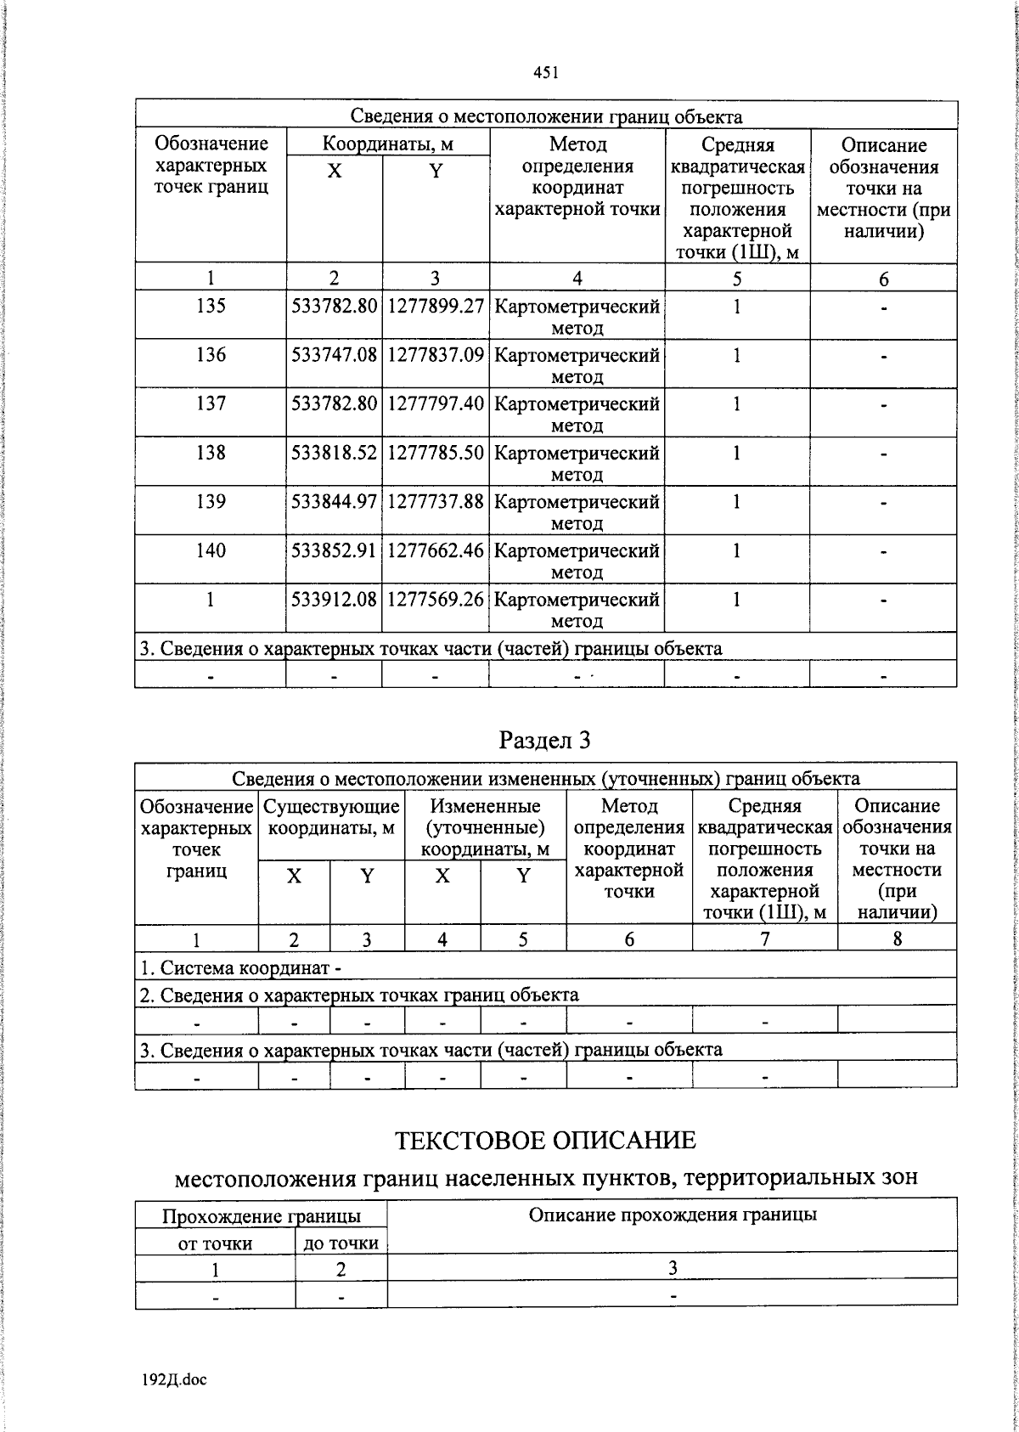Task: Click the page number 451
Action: click(x=545, y=73)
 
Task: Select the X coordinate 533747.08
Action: click(x=334, y=355)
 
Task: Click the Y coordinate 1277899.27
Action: click(x=436, y=306)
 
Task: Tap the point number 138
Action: click(x=210, y=453)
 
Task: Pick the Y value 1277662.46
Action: click(x=436, y=550)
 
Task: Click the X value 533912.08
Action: click(x=334, y=600)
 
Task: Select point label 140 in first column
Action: click(x=210, y=550)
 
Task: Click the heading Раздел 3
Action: click(x=544, y=740)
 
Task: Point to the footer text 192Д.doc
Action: click(x=174, y=1379)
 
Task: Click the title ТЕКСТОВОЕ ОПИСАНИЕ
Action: click(x=545, y=1140)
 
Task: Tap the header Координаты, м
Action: click(x=388, y=143)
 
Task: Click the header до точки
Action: click(x=341, y=1243)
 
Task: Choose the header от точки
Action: click(x=215, y=1243)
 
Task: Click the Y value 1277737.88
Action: click(x=436, y=502)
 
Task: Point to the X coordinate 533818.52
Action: click(x=334, y=453)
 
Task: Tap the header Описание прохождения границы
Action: click(x=672, y=1214)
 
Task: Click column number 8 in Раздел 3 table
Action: click(x=897, y=939)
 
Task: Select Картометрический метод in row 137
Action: click(x=577, y=414)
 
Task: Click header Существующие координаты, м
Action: click(x=331, y=816)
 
